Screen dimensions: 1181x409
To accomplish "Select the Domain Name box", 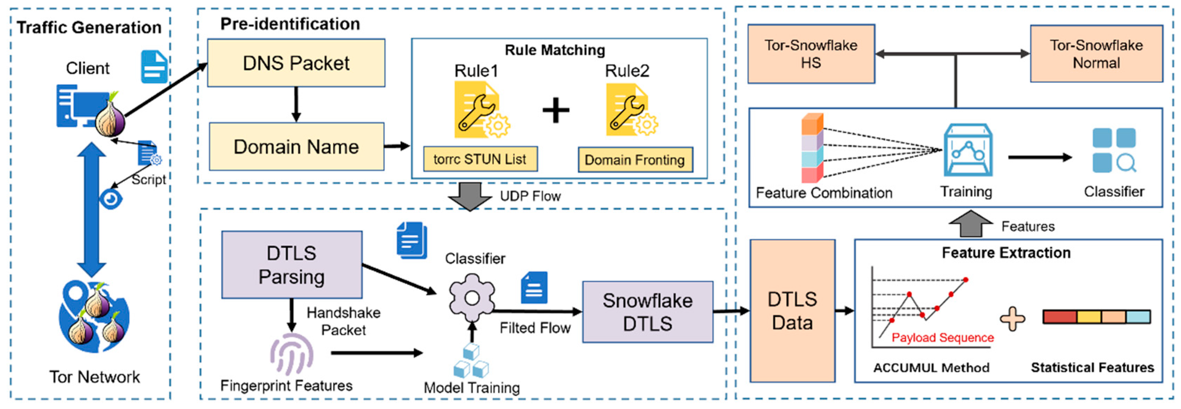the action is coord(296,147).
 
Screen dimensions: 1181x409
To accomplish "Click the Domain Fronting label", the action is coord(635,160).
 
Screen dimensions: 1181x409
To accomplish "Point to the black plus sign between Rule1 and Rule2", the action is coord(556,110).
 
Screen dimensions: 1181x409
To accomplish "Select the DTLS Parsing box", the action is coord(292,265).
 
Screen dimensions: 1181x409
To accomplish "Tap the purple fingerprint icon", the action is coord(291,355).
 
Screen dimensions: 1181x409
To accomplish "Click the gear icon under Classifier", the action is coord(472,298).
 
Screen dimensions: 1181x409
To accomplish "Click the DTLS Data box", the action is coord(792,311).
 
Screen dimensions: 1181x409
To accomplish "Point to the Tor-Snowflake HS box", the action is coord(811,54).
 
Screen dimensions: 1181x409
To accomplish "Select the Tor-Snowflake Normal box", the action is coord(1096,54).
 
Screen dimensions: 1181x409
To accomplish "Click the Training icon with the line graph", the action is coord(968,150).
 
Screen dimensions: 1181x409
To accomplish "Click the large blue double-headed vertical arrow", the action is coord(91,209).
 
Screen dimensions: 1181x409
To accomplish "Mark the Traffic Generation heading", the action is coord(89,28).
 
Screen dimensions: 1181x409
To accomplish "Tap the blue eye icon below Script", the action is coord(110,199).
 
